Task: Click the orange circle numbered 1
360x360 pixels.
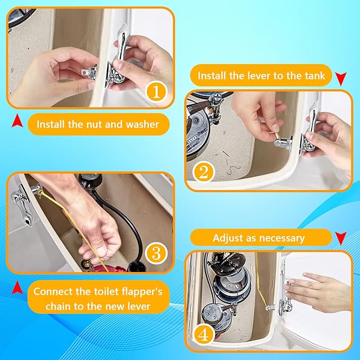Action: [x=155, y=92]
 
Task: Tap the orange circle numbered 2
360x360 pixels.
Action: [x=204, y=172]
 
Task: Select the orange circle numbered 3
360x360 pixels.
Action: [x=155, y=253]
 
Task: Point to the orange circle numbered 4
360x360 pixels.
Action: [x=205, y=334]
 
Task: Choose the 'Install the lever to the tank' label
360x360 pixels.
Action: [x=261, y=76]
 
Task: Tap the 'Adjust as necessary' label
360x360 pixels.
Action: [x=258, y=238]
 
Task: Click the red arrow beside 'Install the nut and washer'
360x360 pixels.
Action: [x=17, y=122]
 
